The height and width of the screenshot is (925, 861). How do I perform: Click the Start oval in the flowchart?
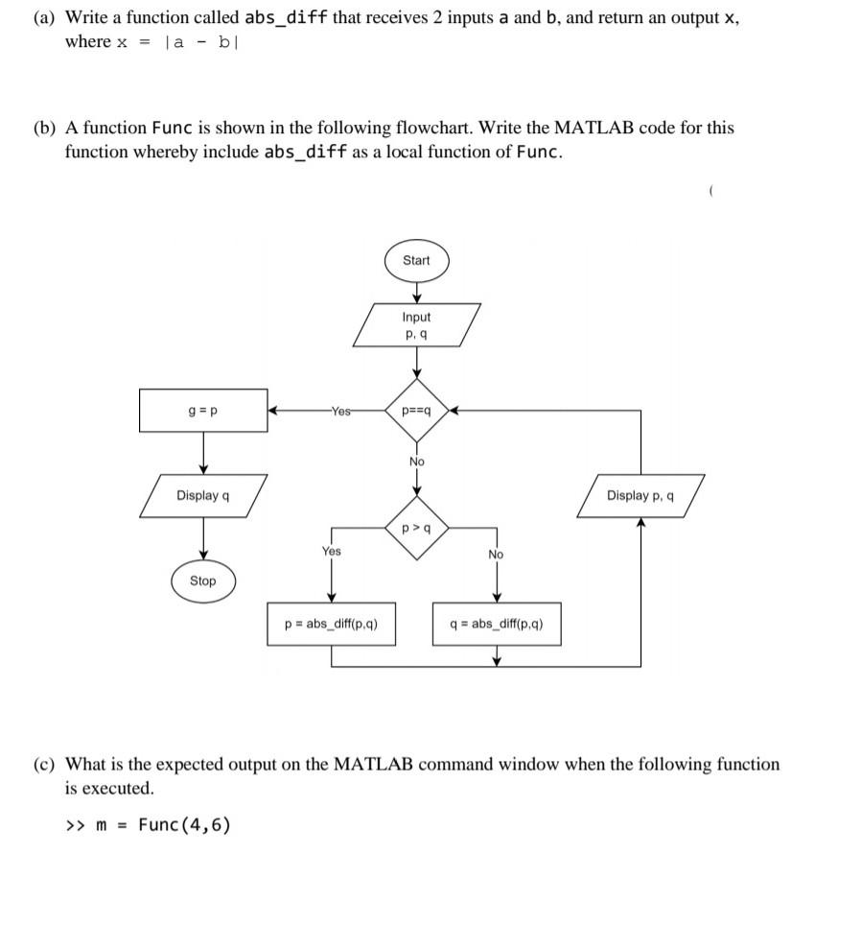point(416,261)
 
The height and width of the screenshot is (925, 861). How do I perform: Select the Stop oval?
point(202,581)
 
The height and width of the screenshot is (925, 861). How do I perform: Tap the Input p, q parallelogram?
point(416,324)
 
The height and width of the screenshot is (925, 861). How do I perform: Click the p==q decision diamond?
point(416,410)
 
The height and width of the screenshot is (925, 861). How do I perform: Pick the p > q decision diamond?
point(416,528)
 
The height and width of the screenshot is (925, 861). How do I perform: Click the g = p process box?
point(203,410)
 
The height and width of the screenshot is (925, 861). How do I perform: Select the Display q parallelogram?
point(202,496)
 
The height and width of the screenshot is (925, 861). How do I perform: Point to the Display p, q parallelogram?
point(640,496)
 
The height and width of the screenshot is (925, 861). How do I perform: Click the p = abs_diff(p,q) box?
point(332,624)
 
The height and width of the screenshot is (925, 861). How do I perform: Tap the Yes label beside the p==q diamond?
point(340,410)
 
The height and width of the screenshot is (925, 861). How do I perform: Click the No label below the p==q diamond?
point(416,462)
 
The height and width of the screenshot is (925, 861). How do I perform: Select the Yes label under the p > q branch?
point(331,552)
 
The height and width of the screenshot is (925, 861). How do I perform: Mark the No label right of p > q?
point(496,555)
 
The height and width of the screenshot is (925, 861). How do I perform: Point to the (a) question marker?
point(44,18)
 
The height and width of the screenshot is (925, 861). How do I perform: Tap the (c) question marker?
point(44,765)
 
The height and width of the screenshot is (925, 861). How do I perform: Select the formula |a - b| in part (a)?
point(197,42)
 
